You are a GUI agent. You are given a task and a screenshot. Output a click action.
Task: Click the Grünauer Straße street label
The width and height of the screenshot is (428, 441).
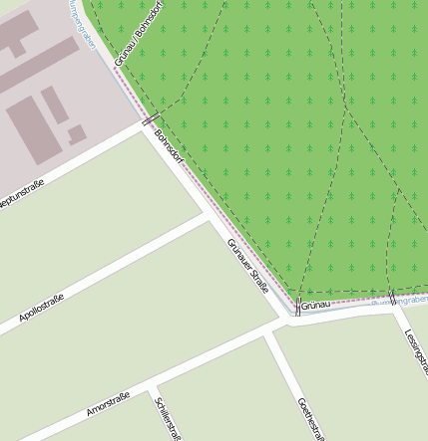(x=248, y=265)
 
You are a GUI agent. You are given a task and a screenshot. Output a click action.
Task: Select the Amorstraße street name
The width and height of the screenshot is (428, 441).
(x=108, y=402)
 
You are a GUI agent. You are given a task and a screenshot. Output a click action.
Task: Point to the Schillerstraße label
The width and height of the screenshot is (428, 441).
(x=166, y=417)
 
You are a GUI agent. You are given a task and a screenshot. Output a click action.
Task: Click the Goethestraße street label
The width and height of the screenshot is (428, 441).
(x=311, y=417)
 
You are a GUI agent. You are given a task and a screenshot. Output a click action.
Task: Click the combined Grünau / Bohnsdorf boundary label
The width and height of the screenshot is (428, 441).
(x=138, y=34)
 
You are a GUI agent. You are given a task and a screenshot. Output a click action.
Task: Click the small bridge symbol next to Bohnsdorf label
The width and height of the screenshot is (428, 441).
(x=150, y=119)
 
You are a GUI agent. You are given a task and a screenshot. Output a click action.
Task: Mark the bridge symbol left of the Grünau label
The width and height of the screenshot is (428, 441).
(x=296, y=304)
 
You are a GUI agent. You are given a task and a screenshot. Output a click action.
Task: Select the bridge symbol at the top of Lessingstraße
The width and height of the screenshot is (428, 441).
(x=392, y=299)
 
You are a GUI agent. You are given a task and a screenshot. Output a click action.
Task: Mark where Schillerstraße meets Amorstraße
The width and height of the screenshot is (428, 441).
(x=152, y=383)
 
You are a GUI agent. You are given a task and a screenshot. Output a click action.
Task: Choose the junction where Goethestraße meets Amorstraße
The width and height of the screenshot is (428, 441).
(x=266, y=331)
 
